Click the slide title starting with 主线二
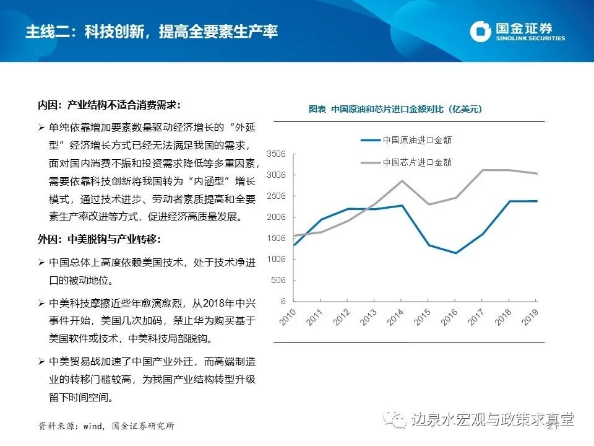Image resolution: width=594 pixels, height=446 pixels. [x=151, y=32]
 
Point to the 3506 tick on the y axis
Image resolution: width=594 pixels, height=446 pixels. [x=276, y=154]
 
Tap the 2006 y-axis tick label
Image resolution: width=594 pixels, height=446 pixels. [x=276, y=217]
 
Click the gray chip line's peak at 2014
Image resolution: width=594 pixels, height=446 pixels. [x=402, y=181]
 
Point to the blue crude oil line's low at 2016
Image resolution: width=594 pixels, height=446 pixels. [x=456, y=253]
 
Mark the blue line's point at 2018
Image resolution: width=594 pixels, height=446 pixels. [x=510, y=201]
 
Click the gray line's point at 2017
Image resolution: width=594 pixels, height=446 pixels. [x=483, y=170]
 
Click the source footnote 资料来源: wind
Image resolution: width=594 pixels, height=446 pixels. [x=106, y=426]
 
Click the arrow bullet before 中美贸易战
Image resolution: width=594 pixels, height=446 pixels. [x=41, y=361]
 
